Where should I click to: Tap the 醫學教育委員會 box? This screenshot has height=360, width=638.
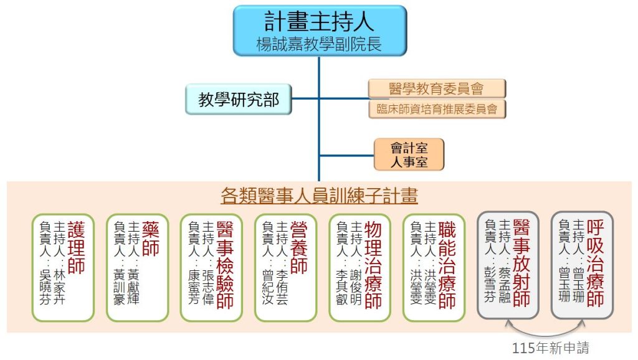[436, 88]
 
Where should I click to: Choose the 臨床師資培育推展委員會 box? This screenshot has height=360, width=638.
[436, 109]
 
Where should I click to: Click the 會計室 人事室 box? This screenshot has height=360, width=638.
[409, 154]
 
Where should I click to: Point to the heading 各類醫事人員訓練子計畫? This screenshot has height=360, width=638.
[319, 196]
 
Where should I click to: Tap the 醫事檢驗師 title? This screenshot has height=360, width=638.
[225, 264]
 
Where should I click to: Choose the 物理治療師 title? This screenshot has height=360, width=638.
[373, 264]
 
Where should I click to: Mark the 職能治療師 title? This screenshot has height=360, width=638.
[447, 264]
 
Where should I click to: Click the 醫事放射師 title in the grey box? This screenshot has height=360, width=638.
[521, 264]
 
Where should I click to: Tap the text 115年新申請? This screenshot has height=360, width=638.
[549, 348]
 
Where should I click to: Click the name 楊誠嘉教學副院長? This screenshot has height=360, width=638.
[319, 44]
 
